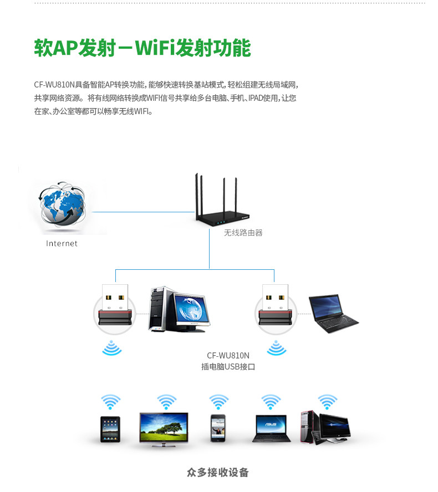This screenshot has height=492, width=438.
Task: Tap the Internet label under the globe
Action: (62, 243)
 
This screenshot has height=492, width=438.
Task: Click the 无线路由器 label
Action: (243, 233)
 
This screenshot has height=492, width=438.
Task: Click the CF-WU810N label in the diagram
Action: (228, 355)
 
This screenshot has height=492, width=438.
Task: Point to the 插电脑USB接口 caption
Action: (228, 366)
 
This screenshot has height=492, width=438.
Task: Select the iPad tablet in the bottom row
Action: (110, 428)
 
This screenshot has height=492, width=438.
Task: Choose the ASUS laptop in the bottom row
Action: (271, 428)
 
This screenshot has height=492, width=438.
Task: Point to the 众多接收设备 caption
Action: (218, 473)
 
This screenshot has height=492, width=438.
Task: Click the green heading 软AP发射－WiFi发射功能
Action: (142, 48)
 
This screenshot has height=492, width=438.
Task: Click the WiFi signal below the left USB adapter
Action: (112, 348)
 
